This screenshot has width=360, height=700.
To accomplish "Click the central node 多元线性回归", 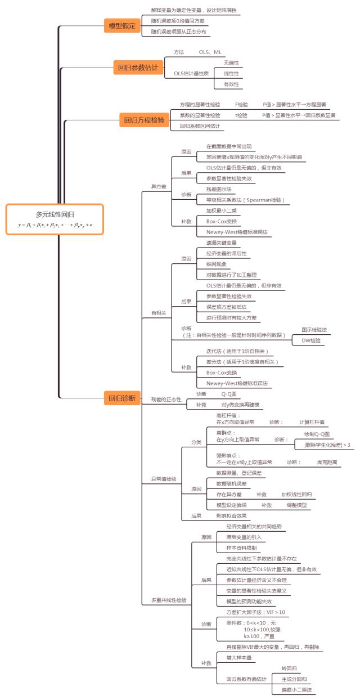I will pyautogui.click(x=55, y=214).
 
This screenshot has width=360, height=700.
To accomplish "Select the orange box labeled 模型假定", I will pyautogui.click(x=121, y=25).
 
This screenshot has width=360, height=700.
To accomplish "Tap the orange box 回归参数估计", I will pyautogui.click(x=137, y=68).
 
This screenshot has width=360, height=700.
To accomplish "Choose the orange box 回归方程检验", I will pyautogui.click(x=144, y=120).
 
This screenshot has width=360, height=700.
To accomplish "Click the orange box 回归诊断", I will pyautogui.click(x=121, y=398).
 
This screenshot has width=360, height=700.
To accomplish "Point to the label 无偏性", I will pyautogui.click(x=231, y=62).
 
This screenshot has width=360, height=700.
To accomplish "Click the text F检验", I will pyautogui.click(x=241, y=105).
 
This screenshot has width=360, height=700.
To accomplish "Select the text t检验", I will pyautogui.click(x=241, y=115).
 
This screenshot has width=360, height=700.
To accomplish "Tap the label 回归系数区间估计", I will pyautogui.click(x=200, y=126).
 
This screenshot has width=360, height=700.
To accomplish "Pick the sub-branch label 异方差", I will pyautogui.click(x=159, y=186).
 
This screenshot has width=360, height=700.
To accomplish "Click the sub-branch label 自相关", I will pyautogui.click(x=159, y=313).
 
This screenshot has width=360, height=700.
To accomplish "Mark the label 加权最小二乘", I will pyautogui.click(x=220, y=210).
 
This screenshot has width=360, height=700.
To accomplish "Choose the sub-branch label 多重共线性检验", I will pyautogui.click(x=169, y=600).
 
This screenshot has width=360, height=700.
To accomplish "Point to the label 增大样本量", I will pyautogui.click(x=238, y=657).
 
